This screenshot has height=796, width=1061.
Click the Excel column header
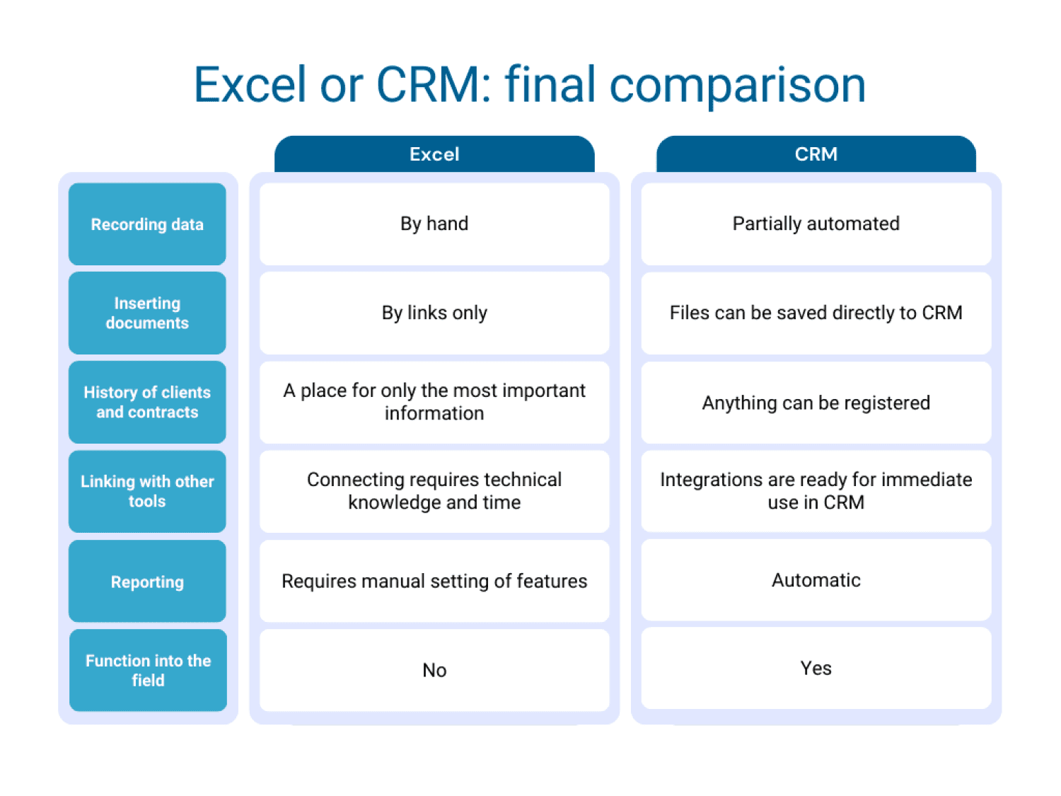[434, 154]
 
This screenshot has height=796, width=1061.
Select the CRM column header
[816, 154]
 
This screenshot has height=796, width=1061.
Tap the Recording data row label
[147, 224]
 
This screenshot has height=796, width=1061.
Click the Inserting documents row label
[147, 313]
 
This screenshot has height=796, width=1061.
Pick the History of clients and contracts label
[147, 402]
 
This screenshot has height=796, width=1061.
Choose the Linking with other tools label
[147, 491]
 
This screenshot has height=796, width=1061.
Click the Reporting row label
[147, 582]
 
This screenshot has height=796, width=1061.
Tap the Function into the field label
[148, 670]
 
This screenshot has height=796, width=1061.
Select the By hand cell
[434, 224]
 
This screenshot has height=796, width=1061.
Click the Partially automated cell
[816, 224]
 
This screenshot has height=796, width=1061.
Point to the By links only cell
[434, 313]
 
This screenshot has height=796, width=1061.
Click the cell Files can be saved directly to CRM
[816, 313]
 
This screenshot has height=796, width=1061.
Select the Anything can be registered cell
[816, 403]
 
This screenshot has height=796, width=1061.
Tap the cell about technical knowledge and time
[434, 491]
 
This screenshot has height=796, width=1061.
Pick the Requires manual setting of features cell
[434, 581]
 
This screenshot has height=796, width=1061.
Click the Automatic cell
[816, 580]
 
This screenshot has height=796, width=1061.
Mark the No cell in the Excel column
[434, 670]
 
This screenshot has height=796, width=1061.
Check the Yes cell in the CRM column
[816, 668]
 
